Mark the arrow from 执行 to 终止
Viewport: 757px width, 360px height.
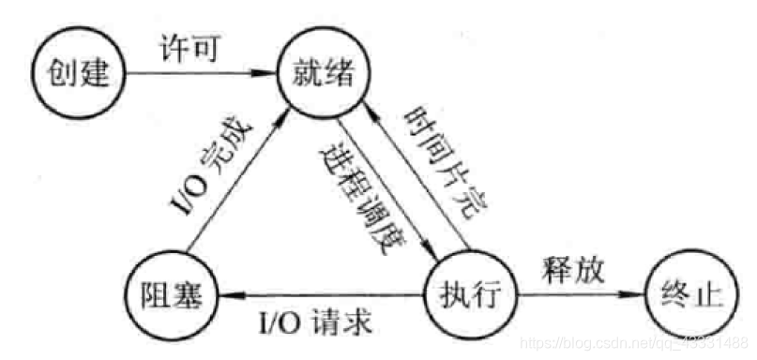pos(580,296)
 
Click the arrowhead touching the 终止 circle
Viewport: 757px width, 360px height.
pos(640,296)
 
